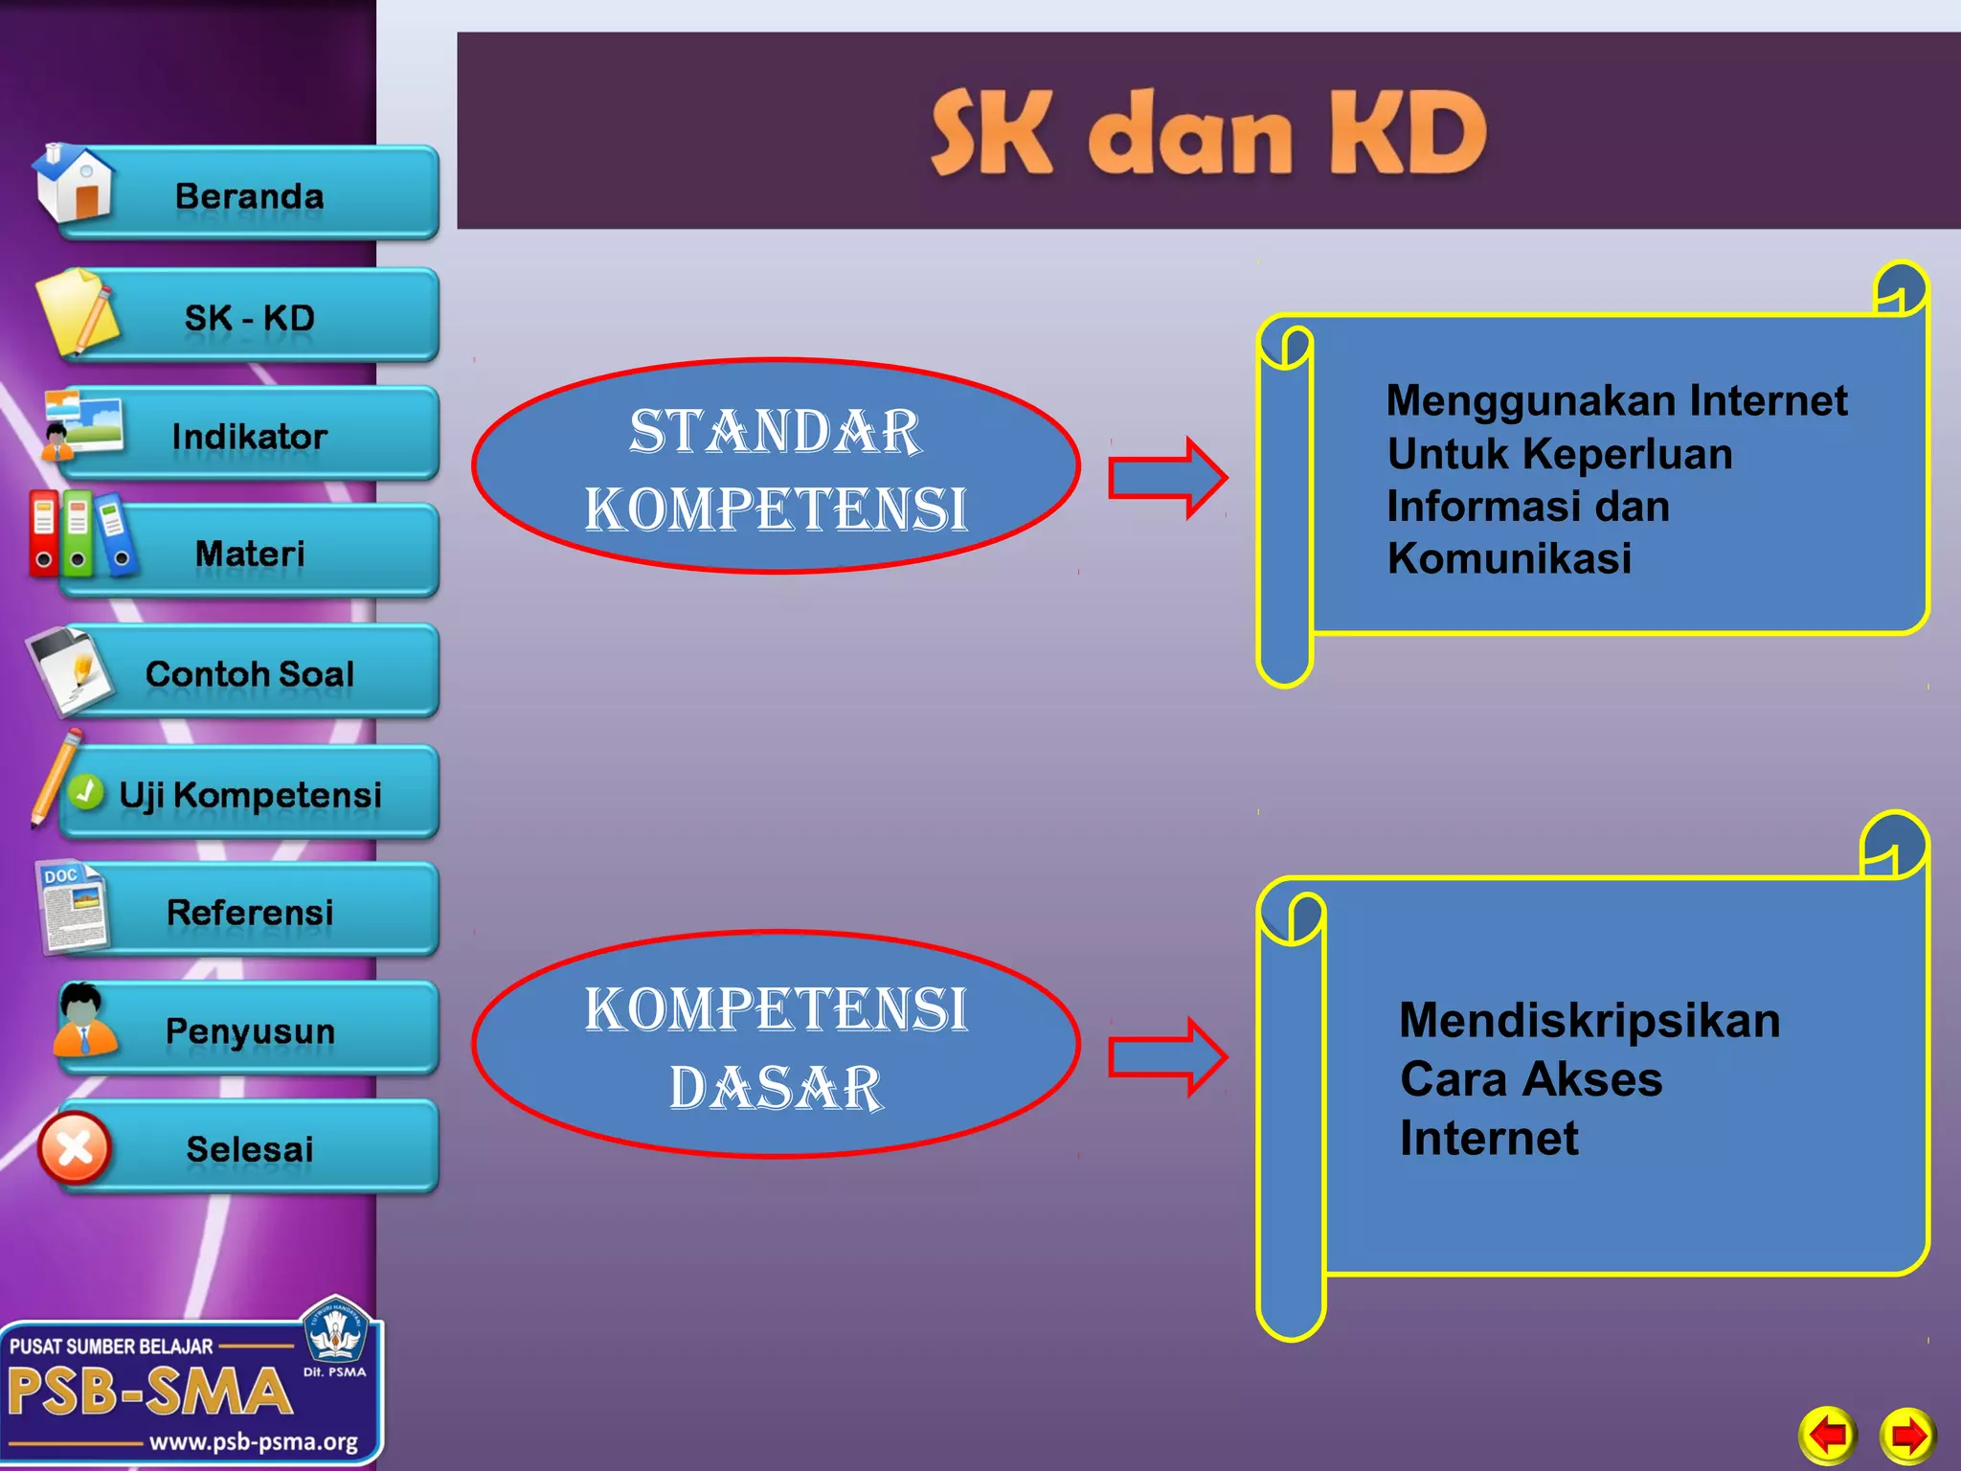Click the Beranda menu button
point(249,195)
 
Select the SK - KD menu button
point(249,317)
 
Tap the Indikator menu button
point(249,437)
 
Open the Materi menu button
point(249,554)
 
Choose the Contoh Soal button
point(249,673)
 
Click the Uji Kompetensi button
point(249,794)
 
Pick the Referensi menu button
point(249,912)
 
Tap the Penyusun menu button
point(249,1030)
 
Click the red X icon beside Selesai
point(75,1148)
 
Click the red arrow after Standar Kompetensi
point(1166,477)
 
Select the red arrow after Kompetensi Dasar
point(1166,1057)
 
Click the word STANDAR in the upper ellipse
point(776,431)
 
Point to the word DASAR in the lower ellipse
point(776,1088)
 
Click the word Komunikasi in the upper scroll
point(1509,558)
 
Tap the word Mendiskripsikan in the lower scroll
point(1589,1021)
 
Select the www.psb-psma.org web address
point(254,1442)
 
